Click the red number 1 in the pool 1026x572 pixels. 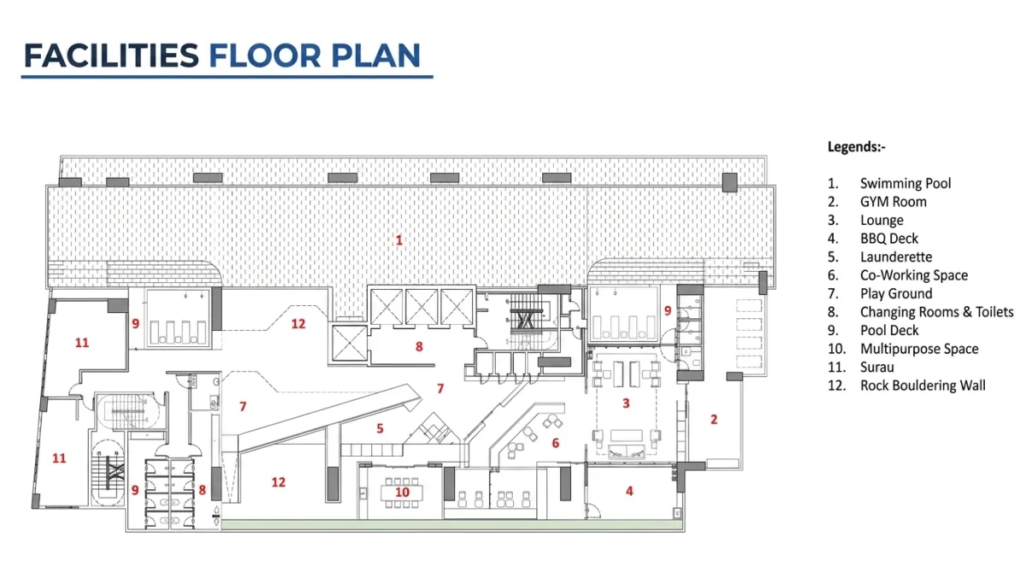click(x=399, y=240)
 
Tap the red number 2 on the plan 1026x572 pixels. click(x=714, y=419)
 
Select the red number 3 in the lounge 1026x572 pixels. click(x=626, y=403)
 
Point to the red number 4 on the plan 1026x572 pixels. click(x=629, y=491)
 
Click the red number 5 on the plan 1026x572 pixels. click(x=380, y=428)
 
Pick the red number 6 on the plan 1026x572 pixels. click(x=555, y=443)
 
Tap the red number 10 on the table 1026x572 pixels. click(x=402, y=492)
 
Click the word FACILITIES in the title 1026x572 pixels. click(x=111, y=56)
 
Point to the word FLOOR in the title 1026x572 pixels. click(x=265, y=56)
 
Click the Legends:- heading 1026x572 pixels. click(x=856, y=147)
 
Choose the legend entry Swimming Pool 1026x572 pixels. click(x=905, y=183)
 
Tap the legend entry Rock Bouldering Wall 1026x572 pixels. click(x=923, y=386)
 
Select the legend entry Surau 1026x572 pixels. click(x=876, y=368)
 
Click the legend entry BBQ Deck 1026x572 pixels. click(x=889, y=239)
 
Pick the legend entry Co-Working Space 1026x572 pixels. click(x=914, y=275)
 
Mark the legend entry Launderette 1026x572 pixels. click(x=896, y=257)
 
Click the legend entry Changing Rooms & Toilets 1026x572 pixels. click(x=937, y=312)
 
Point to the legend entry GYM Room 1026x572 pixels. click(x=893, y=202)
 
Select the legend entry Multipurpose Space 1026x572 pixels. click(x=919, y=349)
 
